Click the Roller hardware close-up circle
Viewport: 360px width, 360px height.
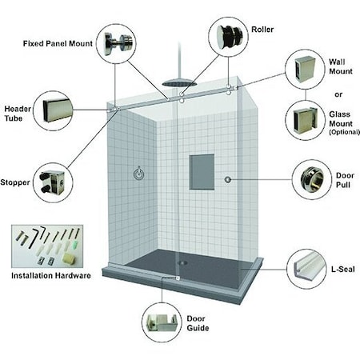pyautogui.click(x=226, y=37)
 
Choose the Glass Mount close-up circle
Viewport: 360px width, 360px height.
pyautogui.click(x=306, y=121)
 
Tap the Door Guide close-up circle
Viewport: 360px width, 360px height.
pyautogui.click(x=162, y=322)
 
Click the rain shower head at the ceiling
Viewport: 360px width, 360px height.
pyautogui.click(x=177, y=82)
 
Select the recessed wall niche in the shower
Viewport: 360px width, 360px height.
pyautogui.click(x=202, y=171)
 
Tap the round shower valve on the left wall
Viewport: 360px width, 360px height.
pyautogui.click(x=139, y=173)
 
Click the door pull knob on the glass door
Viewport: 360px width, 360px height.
pyautogui.click(x=229, y=179)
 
